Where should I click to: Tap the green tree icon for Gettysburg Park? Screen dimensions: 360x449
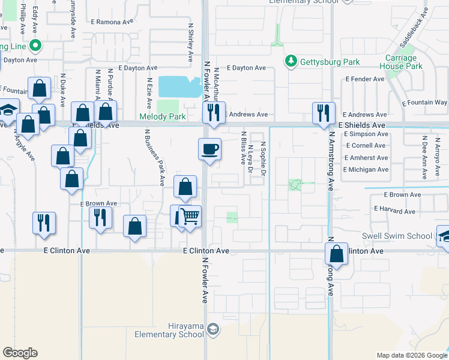pyautogui.click(x=291, y=61)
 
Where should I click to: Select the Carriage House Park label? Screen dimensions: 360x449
pyautogui.click(x=409, y=62)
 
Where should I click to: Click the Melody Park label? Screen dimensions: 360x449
pyautogui.click(x=163, y=116)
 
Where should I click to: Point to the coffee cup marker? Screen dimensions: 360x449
pyautogui.click(x=209, y=149)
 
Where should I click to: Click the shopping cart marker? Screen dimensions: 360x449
pyautogui.click(x=190, y=216)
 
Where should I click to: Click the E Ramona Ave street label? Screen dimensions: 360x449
pyautogui.click(x=112, y=22)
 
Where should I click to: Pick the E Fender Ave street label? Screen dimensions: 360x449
pyautogui.click(x=365, y=79)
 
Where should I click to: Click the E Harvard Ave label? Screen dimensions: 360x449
pyautogui.click(x=394, y=211)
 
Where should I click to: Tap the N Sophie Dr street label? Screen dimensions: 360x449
pyautogui.click(x=263, y=159)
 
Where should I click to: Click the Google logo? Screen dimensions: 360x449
pyautogui.click(x=20, y=353)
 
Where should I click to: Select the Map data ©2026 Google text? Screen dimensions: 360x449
pyautogui.click(x=412, y=355)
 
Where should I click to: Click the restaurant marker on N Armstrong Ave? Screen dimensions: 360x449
pyautogui.click(x=323, y=113)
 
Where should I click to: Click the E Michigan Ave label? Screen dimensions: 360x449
pyautogui.click(x=366, y=170)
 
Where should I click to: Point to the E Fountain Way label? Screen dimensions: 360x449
pyautogui.click(x=424, y=103)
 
